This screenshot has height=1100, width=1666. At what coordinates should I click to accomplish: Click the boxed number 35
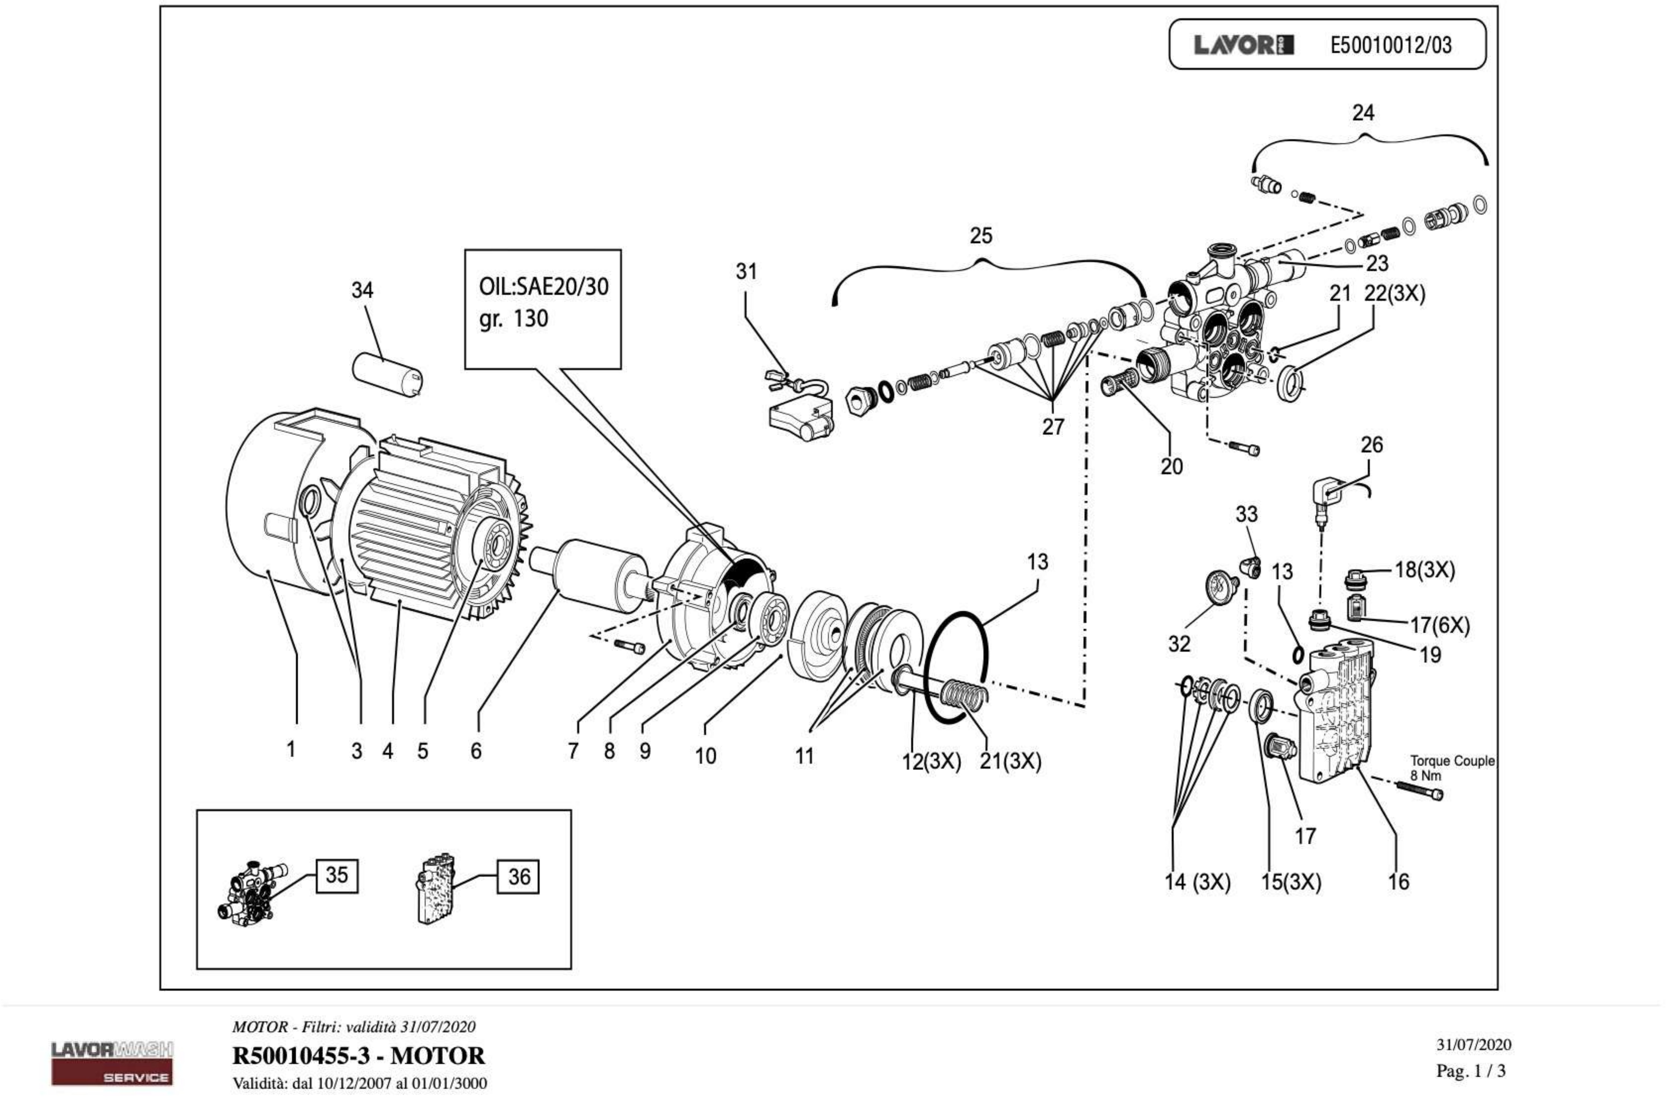point(337,876)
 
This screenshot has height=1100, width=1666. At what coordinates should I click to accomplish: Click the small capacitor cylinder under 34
point(386,374)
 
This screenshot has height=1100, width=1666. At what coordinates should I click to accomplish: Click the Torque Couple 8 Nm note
point(1451,767)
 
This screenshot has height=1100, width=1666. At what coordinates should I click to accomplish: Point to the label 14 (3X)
point(1197,882)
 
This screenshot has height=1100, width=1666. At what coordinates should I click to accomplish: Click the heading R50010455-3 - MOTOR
point(358,1056)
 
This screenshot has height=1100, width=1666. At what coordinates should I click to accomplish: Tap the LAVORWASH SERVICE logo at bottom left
point(112,1063)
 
